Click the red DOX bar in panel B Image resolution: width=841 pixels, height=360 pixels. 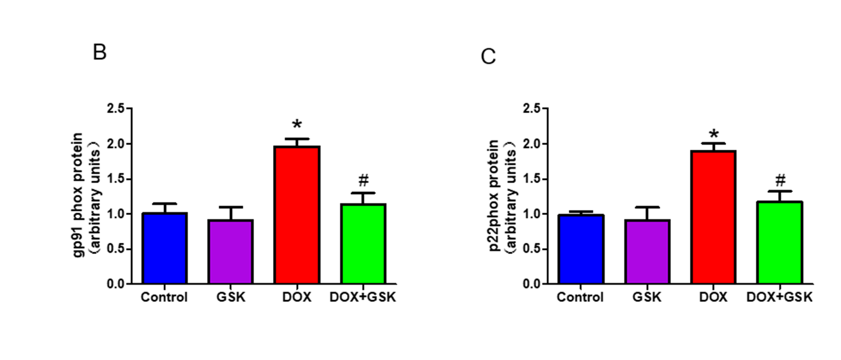point(297,215)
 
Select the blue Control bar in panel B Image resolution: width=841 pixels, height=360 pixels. point(164,248)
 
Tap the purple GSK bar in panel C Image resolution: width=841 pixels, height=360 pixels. point(647,252)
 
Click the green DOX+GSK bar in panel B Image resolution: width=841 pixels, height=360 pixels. point(363,244)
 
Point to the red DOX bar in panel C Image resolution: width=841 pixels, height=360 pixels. point(714,217)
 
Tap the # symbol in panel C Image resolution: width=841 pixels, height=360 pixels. point(780,179)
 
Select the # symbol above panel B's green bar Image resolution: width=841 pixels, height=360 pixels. point(363,181)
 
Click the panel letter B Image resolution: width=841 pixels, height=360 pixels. point(99,53)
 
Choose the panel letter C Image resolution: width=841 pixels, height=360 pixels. point(488,57)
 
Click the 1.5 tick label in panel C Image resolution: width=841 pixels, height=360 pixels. point(532,179)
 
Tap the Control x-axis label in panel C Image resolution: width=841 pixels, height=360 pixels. point(581,297)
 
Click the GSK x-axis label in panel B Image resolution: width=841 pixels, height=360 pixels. point(231,297)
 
